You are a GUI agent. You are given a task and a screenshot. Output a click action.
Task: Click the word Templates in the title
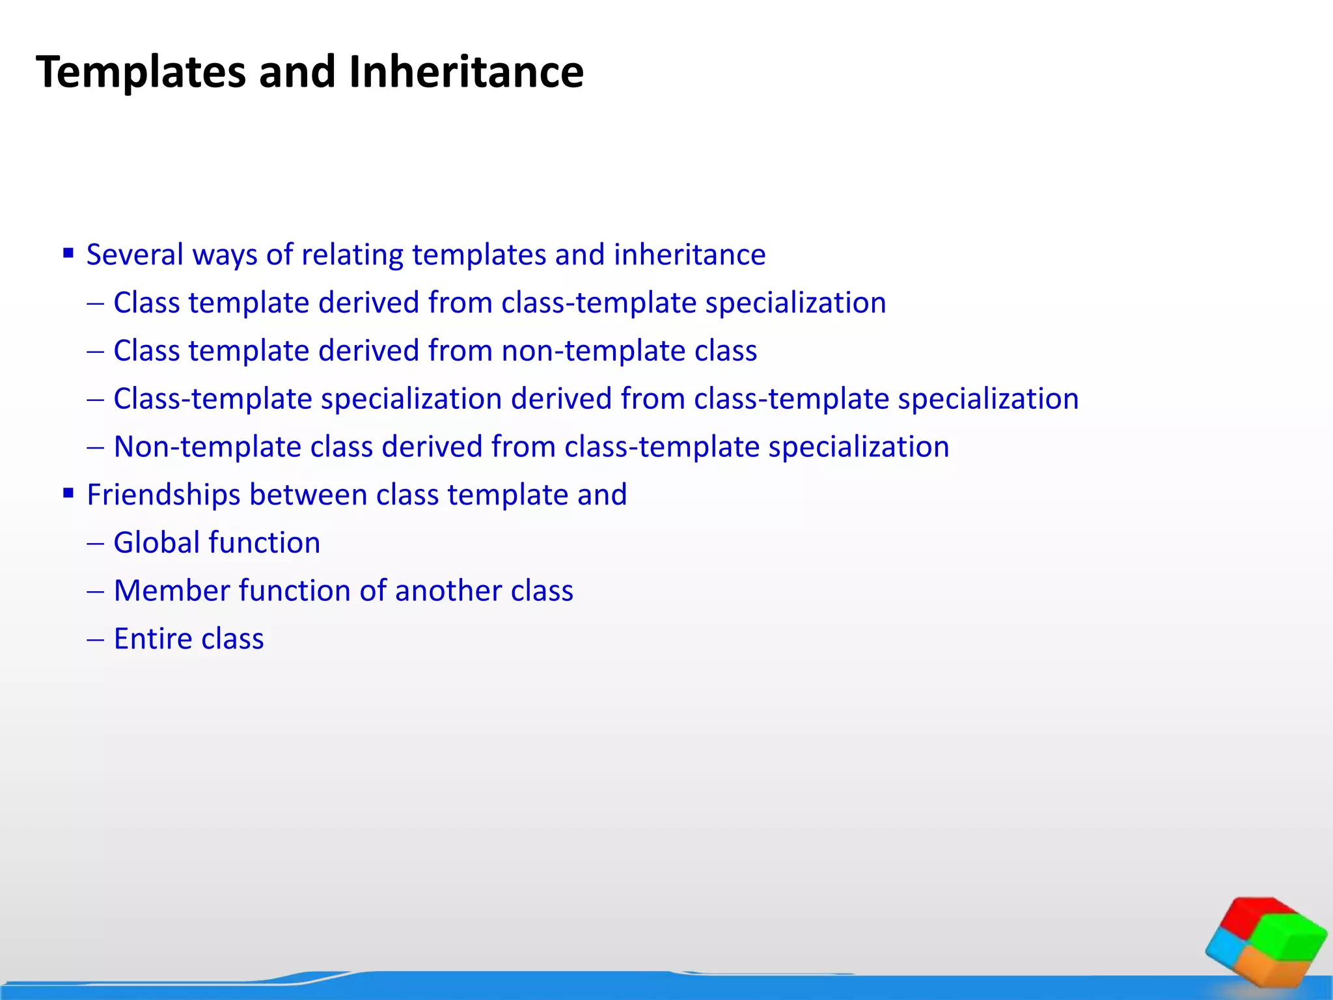point(141,72)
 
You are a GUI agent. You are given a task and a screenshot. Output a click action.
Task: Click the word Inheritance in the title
point(465,72)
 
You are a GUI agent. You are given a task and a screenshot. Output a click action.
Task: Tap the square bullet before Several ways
point(68,253)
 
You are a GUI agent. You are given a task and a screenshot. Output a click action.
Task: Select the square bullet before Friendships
point(68,493)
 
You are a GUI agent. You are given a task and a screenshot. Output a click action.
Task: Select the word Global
point(155,543)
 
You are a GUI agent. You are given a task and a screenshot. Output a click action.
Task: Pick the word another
point(448,591)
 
